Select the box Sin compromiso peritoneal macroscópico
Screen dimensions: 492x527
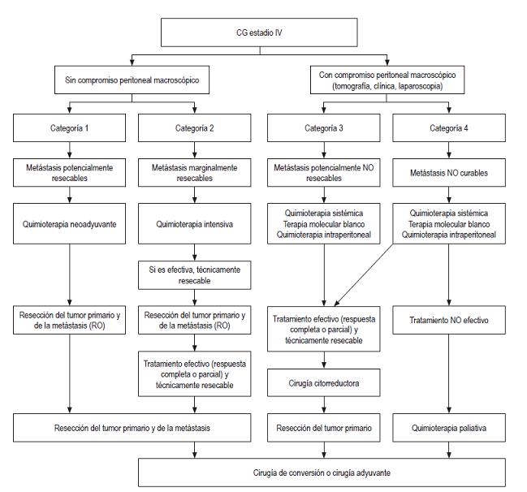tap(132, 80)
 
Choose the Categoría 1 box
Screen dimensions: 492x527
tap(70, 127)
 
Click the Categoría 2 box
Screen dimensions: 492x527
tap(195, 127)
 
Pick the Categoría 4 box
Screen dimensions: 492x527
tap(449, 127)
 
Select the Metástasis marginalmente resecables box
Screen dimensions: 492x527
tap(195, 172)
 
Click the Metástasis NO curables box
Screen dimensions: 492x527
tap(449, 172)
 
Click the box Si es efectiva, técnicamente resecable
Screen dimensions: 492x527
tap(195, 274)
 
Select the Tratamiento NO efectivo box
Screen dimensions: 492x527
tap(449, 320)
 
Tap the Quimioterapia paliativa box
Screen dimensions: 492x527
tap(449, 427)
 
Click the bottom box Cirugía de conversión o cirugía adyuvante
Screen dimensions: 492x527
tap(323, 473)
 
